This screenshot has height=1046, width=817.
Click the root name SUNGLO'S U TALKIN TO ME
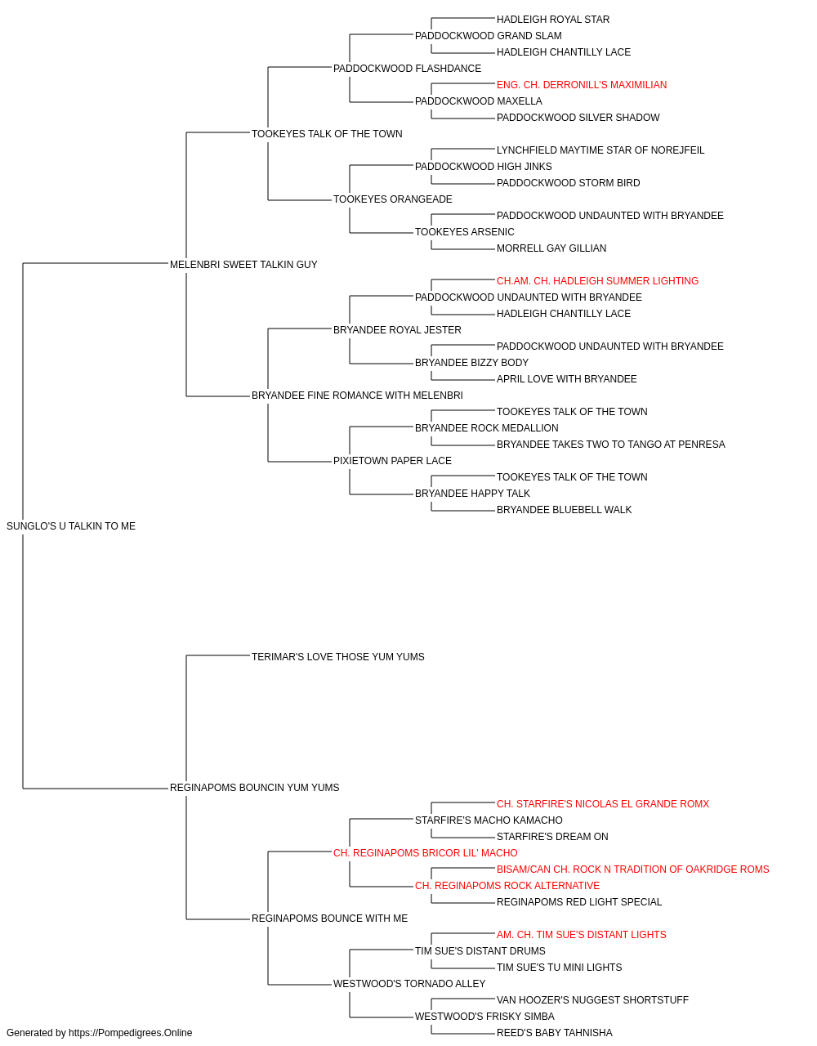(x=71, y=526)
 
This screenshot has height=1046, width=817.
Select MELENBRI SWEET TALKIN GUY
(x=243, y=265)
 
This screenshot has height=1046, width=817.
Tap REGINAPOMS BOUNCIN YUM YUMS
(x=255, y=788)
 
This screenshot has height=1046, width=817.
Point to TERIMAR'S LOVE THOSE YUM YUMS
(x=337, y=657)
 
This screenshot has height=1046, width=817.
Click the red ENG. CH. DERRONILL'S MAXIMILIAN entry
(x=582, y=85)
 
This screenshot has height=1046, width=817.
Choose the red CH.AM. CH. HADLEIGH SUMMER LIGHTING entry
(x=597, y=281)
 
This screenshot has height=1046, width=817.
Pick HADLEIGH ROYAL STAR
(x=553, y=20)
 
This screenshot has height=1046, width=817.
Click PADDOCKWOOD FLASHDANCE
(x=407, y=69)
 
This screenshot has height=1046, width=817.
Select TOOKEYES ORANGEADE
(x=393, y=199)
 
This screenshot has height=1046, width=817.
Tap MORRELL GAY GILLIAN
(x=551, y=248)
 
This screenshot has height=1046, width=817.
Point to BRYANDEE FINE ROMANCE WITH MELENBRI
(x=357, y=396)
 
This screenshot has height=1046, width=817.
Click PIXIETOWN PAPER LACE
(x=392, y=461)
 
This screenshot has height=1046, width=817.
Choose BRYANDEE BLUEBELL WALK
(x=564, y=510)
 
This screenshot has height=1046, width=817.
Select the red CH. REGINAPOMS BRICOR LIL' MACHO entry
(x=426, y=853)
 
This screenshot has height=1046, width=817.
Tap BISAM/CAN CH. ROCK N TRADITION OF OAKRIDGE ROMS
(x=632, y=869)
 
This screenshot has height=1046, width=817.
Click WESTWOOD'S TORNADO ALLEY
(x=409, y=984)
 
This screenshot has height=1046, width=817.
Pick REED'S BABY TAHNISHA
(x=554, y=1033)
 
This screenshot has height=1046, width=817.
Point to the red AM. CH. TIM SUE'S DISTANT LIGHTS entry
(x=581, y=935)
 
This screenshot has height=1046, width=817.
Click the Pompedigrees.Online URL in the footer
(x=131, y=1033)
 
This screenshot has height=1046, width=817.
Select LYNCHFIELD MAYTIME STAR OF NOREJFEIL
(x=600, y=150)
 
